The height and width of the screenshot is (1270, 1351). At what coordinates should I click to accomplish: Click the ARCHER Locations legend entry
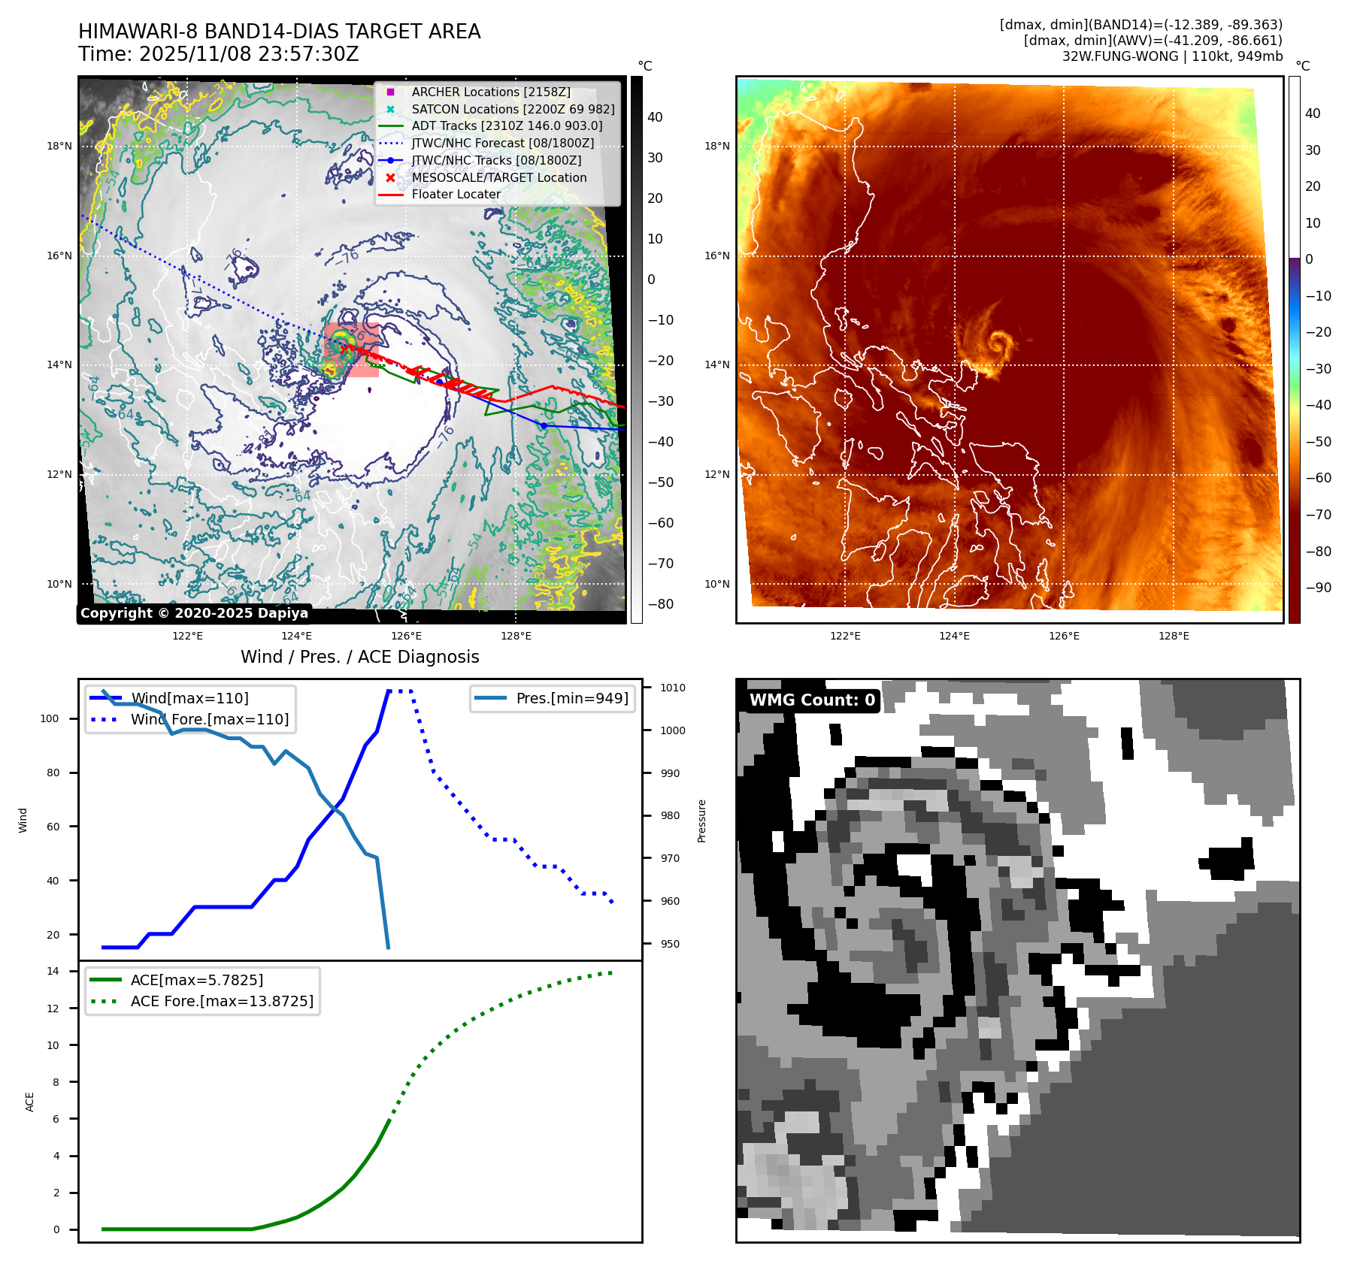(x=490, y=92)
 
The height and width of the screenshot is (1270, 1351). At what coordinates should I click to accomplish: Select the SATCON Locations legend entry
(x=512, y=109)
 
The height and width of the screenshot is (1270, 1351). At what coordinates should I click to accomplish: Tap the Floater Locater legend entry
(x=456, y=194)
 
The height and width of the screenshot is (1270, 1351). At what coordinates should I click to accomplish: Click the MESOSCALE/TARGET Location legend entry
(x=498, y=177)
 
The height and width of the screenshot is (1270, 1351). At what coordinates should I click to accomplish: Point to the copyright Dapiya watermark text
(x=194, y=613)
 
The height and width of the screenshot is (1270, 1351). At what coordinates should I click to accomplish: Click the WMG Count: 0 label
(x=812, y=700)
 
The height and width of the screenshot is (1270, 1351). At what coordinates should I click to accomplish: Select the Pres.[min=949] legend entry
(x=571, y=698)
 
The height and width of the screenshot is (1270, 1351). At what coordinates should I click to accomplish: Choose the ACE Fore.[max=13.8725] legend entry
(x=221, y=1001)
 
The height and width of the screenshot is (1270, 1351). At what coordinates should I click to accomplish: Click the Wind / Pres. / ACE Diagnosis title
(x=359, y=657)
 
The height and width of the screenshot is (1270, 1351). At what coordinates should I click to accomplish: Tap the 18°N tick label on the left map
(x=59, y=146)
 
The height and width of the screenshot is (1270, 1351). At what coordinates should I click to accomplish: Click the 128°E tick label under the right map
(x=1174, y=636)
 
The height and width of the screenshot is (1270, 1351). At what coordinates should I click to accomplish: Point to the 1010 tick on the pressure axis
(x=672, y=688)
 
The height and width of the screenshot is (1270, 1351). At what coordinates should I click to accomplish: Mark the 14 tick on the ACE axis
(x=53, y=971)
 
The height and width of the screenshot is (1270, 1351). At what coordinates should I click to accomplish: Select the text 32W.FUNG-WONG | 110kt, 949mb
(x=1172, y=56)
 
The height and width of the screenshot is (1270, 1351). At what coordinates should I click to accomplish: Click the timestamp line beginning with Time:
(x=219, y=54)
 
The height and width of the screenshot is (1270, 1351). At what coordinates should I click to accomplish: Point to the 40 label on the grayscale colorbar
(x=655, y=116)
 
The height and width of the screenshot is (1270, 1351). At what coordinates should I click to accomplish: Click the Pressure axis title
(x=701, y=821)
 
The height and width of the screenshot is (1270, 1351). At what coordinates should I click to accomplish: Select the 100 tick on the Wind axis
(x=50, y=718)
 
